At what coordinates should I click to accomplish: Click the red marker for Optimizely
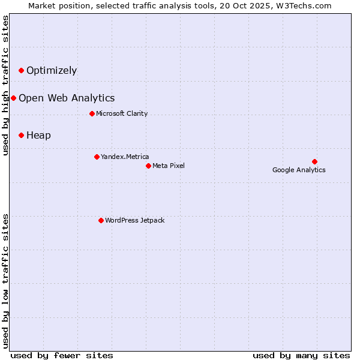coord(21,71)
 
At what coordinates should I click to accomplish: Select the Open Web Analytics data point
coord(13,98)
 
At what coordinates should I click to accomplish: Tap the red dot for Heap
coord(21,136)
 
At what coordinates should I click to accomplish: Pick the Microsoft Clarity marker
coord(92,113)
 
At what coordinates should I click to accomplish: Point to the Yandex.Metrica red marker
coord(97,157)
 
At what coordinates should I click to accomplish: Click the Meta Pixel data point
coord(148,166)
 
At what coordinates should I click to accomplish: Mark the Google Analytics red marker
coord(314,161)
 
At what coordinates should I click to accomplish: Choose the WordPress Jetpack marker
coord(101,220)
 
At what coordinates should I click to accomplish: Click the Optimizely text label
coord(52,71)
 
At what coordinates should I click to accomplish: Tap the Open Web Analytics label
coord(67,98)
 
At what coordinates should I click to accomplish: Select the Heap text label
coord(38,136)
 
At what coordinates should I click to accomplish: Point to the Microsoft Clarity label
coord(122,114)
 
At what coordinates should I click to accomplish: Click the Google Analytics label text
coord(299,170)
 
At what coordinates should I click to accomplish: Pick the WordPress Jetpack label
coord(134,221)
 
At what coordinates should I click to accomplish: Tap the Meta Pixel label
coord(169,166)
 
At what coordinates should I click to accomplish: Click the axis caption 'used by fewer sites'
coord(62,355)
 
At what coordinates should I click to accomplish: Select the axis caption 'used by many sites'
coord(301,355)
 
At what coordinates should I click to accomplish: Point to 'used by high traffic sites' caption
coord(6,85)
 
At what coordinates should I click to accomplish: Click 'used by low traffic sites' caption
coord(6,280)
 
